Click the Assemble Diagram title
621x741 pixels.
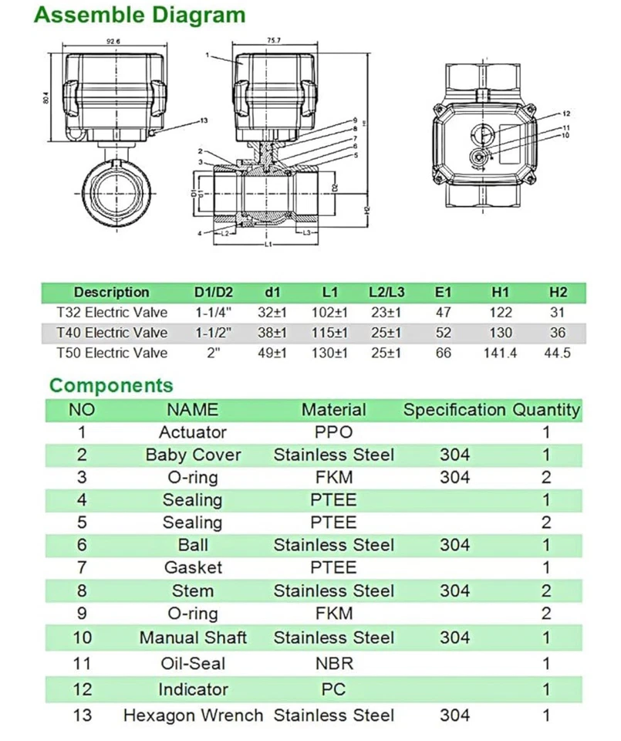click(141, 15)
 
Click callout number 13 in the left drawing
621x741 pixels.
click(204, 120)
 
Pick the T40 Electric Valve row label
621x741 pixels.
click(112, 333)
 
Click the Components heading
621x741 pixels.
click(111, 385)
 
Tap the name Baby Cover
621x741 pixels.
click(193, 455)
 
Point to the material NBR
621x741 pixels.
click(333, 663)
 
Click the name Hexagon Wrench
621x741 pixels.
click(193, 716)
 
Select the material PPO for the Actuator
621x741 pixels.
click(333, 431)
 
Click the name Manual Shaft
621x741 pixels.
click(193, 638)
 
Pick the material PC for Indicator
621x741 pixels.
click(333, 689)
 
